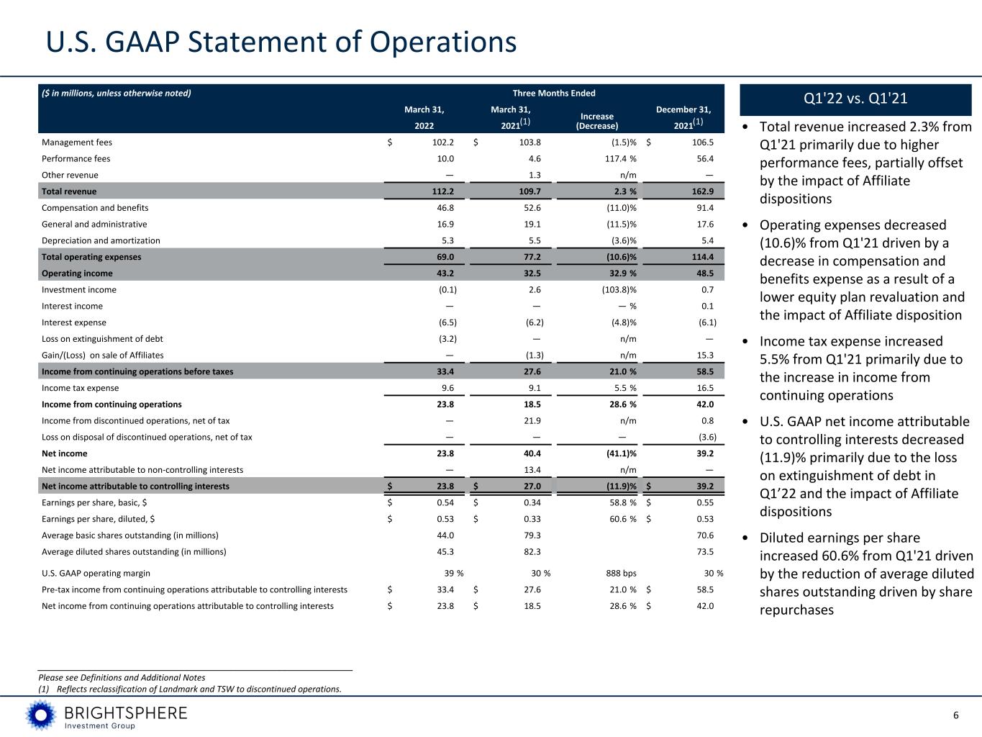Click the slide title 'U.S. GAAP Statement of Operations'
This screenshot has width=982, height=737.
pyautogui.click(x=281, y=42)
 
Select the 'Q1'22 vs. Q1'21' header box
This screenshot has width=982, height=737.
pyautogui.click(x=855, y=99)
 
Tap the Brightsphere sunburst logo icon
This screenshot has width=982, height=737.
pyautogui.click(x=41, y=715)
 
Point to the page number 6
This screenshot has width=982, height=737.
pyautogui.click(x=955, y=715)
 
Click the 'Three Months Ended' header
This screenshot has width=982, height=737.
pyautogui.click(x=554, y=93)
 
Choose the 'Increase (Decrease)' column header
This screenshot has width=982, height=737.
pyautogui.click(x=597, y=121)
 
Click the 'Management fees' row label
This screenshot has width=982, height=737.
pyautogui.click(x=76, y=143)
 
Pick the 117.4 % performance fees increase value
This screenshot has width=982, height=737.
pyautogui.click(x=621, y=159)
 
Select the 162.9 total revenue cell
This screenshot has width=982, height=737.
pyautogui.click(x=702, y=191)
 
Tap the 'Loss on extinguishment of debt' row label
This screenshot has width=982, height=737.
pyautogui.click(x=102, y=339)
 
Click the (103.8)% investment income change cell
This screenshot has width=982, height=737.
pyautogui.click(x=619, y=290)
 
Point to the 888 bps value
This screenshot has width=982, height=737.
pyautogui.click(x=621, y=573)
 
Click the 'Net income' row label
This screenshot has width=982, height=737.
pyautogui.click(x=65, y=453)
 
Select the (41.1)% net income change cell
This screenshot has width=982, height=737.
pyautogui.click(x=622, y=453)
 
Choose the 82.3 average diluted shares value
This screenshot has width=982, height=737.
pyautogui.click(x=532, y=552)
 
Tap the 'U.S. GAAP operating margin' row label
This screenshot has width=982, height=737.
pyautogui.click(x=96, y=573)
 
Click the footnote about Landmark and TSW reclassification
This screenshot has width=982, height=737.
pyautogui.click(x=190, y=689)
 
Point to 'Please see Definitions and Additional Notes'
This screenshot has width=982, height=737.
pyautogui.click(x=122, y=677)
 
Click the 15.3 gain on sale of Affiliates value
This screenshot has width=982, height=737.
pyautogui.click(x=705, y=356)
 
